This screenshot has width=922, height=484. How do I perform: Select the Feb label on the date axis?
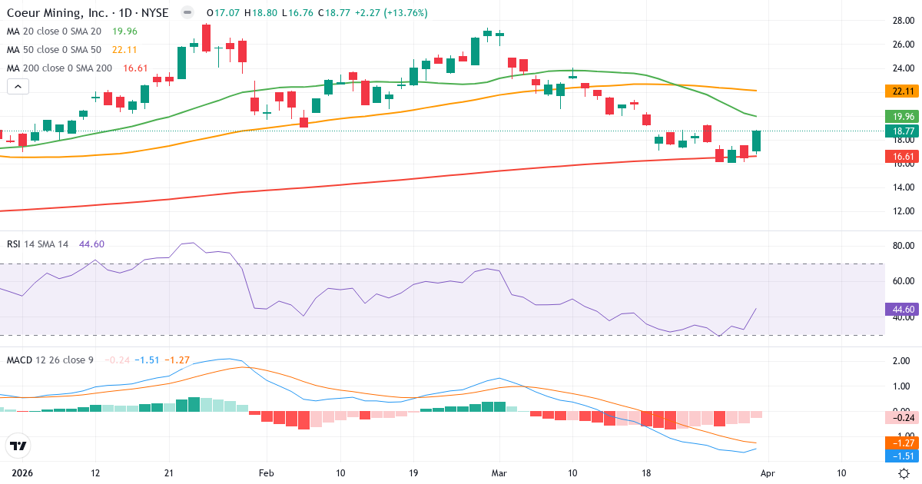tap(266, 473)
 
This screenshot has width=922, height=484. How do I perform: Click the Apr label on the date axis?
tap(768, 473)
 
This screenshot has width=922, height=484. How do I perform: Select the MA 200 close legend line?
tap(59, 68)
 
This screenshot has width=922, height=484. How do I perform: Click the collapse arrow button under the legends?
tap(18, 87)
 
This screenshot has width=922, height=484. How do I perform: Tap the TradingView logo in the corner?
tap(18, 446)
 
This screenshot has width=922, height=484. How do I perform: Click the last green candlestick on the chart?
tap(756, 141)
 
